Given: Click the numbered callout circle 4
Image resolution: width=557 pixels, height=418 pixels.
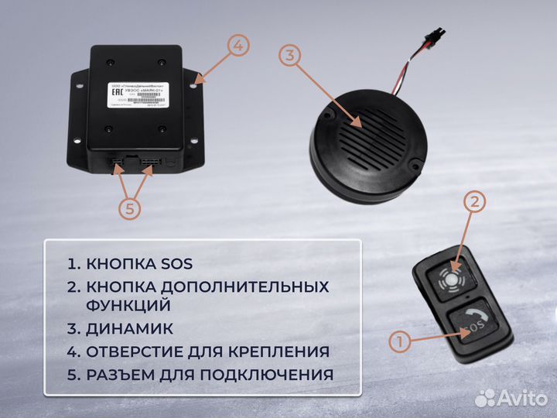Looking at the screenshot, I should click(238, 46).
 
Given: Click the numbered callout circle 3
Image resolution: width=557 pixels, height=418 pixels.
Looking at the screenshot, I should click(288, 55).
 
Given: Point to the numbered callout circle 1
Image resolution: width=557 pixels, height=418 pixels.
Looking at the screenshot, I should click(399, 341).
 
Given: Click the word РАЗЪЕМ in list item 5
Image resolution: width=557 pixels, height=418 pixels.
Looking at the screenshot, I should click(121, 375).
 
